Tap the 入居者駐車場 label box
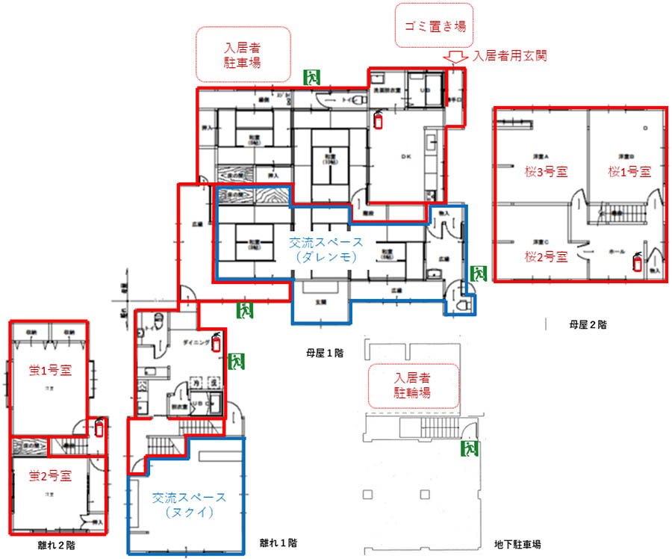243,55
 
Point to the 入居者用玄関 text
511,56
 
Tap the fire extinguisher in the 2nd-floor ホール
638,262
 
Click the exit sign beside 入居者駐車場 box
311,76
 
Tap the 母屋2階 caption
585,324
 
